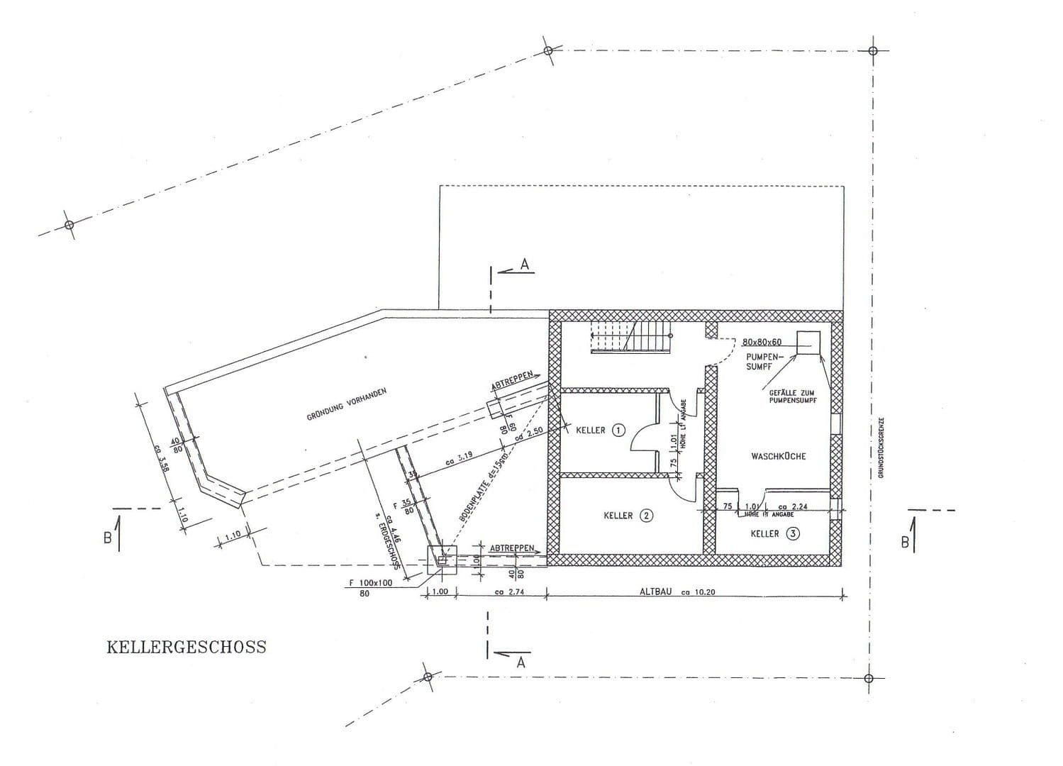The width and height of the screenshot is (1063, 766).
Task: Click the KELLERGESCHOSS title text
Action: pyautogui.click(x=187, y=647)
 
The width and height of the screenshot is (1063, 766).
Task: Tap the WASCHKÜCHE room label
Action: pyautogui.click(x=778, y=456)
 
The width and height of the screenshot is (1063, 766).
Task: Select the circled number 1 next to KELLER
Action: pyautogui.click(x=618, y=430)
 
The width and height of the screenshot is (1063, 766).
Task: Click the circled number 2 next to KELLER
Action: pyautogui.click(x=646, y=516)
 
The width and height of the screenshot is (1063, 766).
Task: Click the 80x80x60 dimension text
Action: pyautogui.click(x=762, y=342)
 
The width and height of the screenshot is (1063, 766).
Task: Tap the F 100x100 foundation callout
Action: pyautogui.click(x=370, y=583)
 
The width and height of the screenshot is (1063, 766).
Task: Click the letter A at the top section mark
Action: pyautogui.click(x=525, y=264)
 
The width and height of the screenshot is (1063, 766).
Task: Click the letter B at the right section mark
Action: pyautogui.click(x=904, y=541)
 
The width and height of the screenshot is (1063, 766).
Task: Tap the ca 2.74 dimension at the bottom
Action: pyautogui.click(x=508, y=591)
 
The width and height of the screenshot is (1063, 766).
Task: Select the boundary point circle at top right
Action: pyautogui.click(x=873, y=51)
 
